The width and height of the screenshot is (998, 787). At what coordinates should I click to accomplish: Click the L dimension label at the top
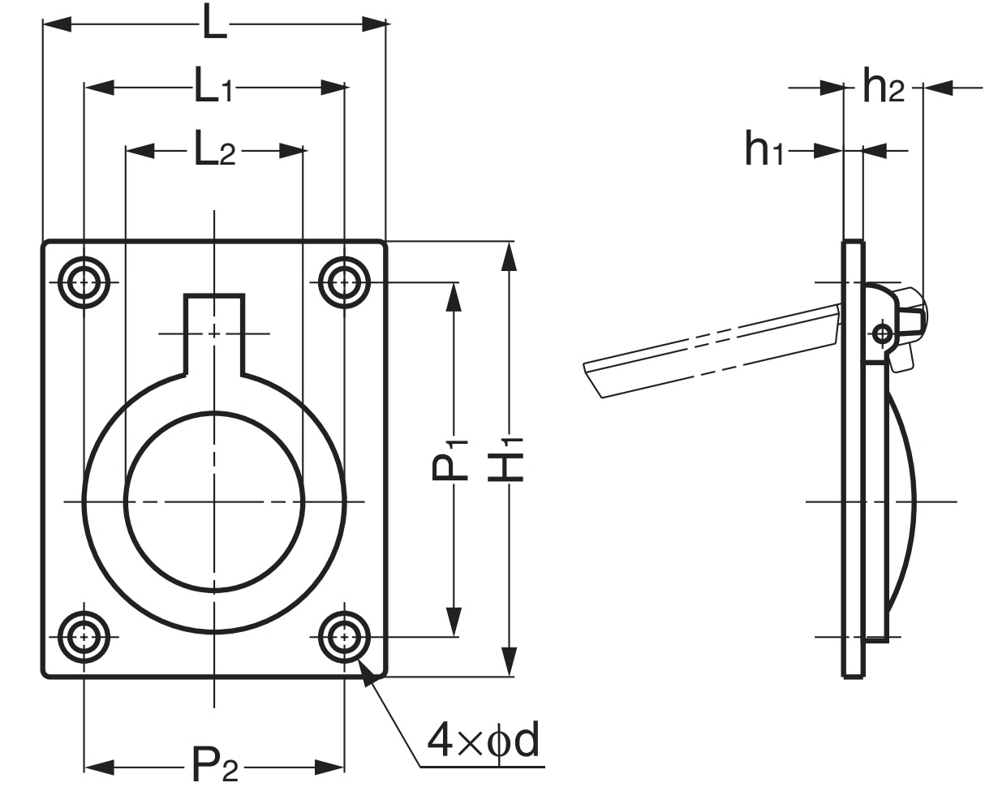click(214, 24)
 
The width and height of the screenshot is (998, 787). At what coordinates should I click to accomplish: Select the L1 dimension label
click(213, 87)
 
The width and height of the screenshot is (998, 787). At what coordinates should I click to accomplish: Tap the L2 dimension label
click(214, 150)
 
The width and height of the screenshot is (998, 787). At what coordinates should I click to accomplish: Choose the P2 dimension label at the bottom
click(215, 765)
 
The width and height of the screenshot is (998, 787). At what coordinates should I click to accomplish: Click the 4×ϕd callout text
click(484, 742)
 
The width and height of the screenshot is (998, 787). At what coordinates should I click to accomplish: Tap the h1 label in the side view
click(765, 149)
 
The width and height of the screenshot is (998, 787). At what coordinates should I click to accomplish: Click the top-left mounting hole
click(84, 283)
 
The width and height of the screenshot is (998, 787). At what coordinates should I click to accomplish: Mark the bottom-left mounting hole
click(84, 637)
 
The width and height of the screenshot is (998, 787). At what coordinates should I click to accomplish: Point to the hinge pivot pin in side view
click(883, 333)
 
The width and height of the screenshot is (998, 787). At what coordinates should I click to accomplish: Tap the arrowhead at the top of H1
click(509, 256)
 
